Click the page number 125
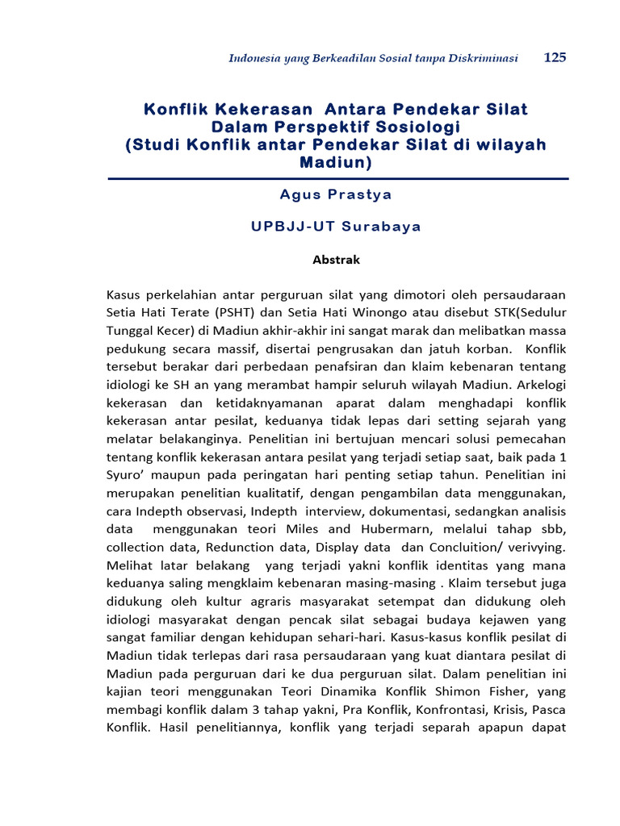[555, 57]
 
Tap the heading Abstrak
[336, 260]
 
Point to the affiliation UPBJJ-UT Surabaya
[336, 227]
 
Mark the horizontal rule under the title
[337, 178]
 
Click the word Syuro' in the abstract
[124, 474]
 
